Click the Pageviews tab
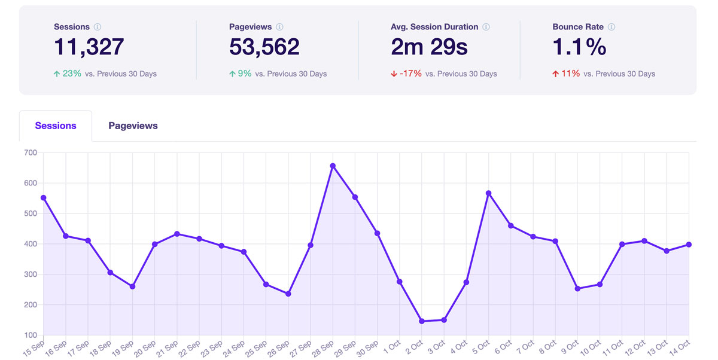(x=133, y=126)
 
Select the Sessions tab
(x=56, y=126)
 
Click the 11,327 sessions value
(x=89, y=47)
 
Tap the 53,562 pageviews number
(x=264, y=47)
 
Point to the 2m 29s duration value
(x=429, y=47)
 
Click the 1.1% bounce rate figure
(x=579, y=47)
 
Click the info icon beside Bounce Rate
(x=611, y=27)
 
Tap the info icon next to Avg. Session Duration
(x=486, y=27)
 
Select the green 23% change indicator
(x=67, y=74)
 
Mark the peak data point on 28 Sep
(x=333, y=166)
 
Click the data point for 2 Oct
(x=422, y=321)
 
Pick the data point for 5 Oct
(x=489, y=193)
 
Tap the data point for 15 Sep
(x=44, y=198)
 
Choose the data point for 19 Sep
(x=132, y=286)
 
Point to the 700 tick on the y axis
(x=31, y=153)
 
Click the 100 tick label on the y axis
(x=31, y=335)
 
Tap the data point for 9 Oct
(x=577, y=289)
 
